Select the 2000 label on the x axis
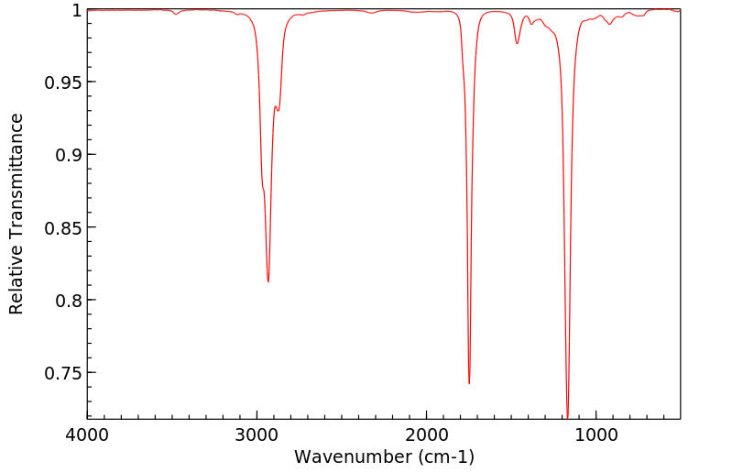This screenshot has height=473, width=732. [427, 437]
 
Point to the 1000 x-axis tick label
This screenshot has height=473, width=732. [596, 437]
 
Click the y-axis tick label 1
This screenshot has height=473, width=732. [76, 10]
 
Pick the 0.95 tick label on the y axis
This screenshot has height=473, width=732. [62, 82]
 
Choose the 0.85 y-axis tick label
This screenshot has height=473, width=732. [62, 227]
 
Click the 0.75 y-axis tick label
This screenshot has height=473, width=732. [62, 373]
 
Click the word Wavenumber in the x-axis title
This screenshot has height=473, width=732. [349, 456]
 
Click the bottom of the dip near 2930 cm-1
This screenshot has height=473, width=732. [268, 281]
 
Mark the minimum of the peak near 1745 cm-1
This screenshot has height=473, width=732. [469, 383]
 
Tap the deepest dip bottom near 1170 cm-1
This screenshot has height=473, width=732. [568, 417]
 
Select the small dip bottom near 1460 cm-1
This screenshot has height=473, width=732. [518, 43]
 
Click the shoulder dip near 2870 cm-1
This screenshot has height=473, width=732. [279, 111]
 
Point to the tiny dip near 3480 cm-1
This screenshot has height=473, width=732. [176, 14]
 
